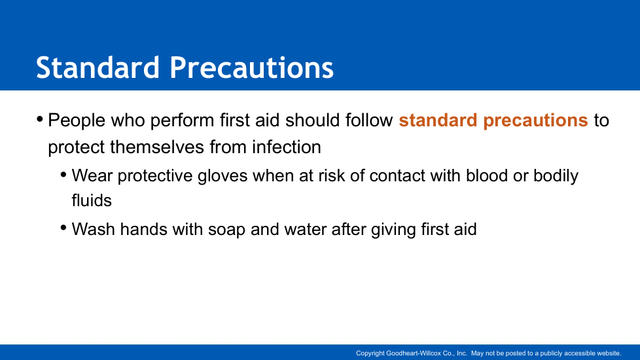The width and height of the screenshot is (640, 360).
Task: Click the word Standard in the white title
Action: tap(98, 67)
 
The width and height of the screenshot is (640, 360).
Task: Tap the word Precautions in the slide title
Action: tap(251, 67)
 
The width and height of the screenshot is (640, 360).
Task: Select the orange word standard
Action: tap(438, 120)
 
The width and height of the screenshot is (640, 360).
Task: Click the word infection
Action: tap(286, 147)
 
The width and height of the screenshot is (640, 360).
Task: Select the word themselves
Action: tap(157, 147)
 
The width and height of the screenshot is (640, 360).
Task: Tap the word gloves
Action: tap(222, 176)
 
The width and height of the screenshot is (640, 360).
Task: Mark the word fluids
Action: tap(92, 201)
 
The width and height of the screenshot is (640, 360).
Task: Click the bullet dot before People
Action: tap(40, 120)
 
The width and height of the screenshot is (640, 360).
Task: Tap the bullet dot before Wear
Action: tap(63, 175)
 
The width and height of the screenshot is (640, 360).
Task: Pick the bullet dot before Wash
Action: tap(63, 228)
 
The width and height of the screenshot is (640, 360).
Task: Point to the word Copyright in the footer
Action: tap(370, 353)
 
